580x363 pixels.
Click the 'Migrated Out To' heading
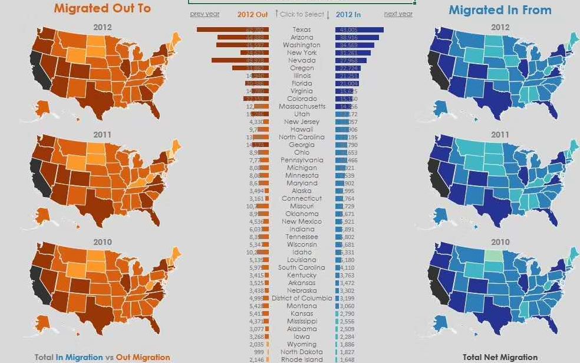(x=102, y=8)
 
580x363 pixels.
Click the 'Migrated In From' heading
(x=500, y=10)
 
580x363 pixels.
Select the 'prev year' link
(x=205, y=14)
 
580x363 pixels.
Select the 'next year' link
(x=398, y=14)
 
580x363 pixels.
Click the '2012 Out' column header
(x=252, y=14)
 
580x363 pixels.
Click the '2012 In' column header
(x=348, y=14)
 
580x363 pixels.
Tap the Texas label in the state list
(x=302, y=30)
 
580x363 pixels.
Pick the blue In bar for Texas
(x=359, y=30)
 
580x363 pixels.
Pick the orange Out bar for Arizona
(x=243, y=37)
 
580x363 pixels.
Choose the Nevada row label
(x=302, y=60)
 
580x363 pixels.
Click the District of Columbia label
(x=302, y=298)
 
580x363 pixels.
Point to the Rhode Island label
(x=302, y=359)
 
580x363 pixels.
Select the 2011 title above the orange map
(x=102, y=135)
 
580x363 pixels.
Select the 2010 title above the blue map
(x=500, y=242)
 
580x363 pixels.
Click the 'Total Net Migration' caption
(x=500, y=357)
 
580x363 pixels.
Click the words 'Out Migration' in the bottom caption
(x=143, y=357)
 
